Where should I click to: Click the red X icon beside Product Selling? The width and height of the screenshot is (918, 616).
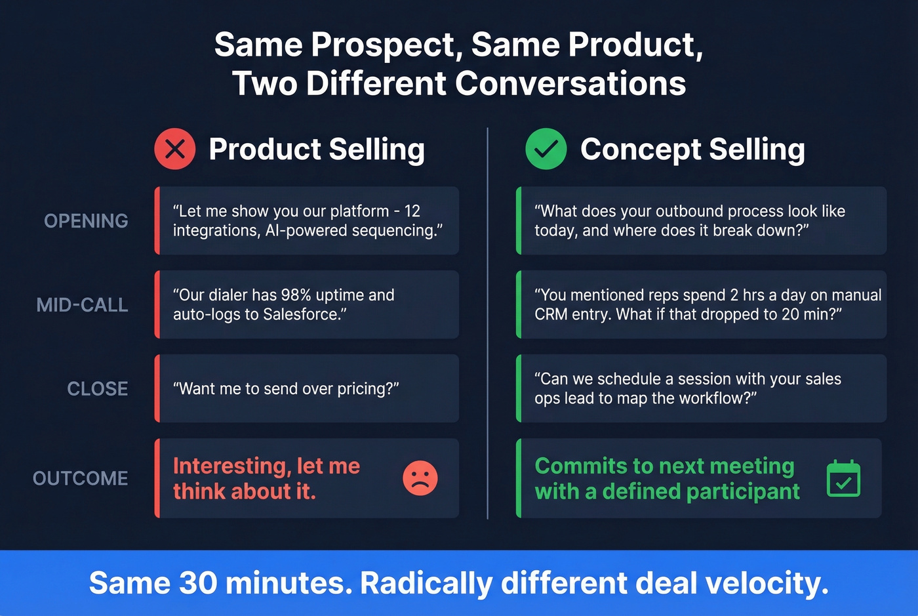(175, 149)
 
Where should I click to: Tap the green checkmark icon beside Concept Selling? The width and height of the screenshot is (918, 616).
(546, 149)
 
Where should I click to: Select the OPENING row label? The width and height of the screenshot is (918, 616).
(86, 221)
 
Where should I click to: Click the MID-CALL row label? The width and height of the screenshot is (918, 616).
(82, 305)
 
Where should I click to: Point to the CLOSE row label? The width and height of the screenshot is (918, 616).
(97, 389)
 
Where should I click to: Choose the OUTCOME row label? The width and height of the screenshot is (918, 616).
(80, 478)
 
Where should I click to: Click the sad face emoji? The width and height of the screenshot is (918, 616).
(420, 478)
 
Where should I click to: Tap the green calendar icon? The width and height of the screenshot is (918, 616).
(843, 479)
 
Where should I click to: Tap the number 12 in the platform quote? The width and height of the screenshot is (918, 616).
(412, 211)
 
